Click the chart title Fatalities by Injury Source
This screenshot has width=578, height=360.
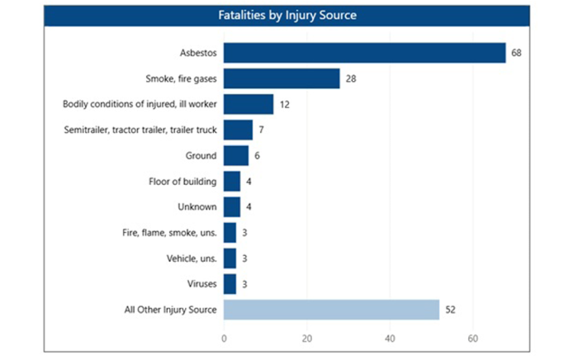tap(287, 16)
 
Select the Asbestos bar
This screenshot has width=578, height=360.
tap(364, 53)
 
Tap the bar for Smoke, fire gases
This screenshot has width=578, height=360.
tap(282, 78)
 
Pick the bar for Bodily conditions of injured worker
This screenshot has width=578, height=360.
tap(249, 104)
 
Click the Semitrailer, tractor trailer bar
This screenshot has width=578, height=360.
tap(238, 130)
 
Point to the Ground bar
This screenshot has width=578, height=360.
tap(236, 155)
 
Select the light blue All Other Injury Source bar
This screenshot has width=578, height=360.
tap(331, 310)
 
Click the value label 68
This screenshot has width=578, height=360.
tap(516, 53)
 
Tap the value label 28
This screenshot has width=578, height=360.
tap(350, 78)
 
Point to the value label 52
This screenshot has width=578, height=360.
tap(450, 310)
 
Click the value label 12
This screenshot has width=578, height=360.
tap(284, 104)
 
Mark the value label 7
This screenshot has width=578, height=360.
tap(261, 130)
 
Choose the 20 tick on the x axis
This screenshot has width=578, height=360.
tap(307, 339)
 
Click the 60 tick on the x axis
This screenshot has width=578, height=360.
tap(473, 339)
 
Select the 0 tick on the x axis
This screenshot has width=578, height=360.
tap(224, 339)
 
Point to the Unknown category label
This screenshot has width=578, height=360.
tap(197, 207)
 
